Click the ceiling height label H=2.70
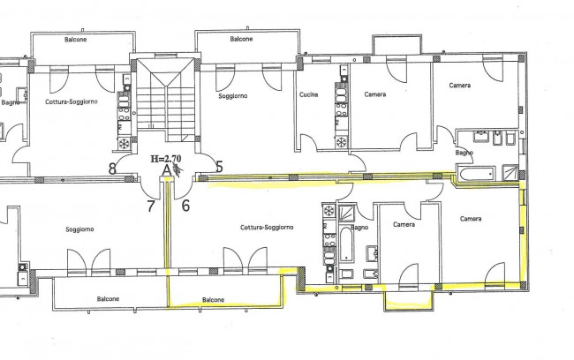pyautogui.click(x=166, y=159)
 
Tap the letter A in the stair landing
pyautogui.click(x=167, y=170)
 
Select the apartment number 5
pyautogui.click(x=219, y=167)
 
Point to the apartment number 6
pyautogui.click(x=185, y=206)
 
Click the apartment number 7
pyautogui.click(x=151, y=206)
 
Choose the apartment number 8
pyautogui.click(x=112, y=169)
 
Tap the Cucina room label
pyautogui.click(x=308, y=94)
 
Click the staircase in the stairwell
pyautogui.click(x=165, y=100)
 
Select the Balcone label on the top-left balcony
pyautogui.click(x=75, y=39)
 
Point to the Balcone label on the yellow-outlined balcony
pyautogui.click(x=213, y=300)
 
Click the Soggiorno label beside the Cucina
pyautogui.click(x=233, y=96)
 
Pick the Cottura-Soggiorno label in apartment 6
pyautogui.click(x=267, y=227)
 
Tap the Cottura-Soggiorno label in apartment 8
pyautogui.click(x=72, y=101)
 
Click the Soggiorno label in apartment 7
pyautogui.click(x=79, y=229)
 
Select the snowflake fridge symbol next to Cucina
pyautogui.click(x=342, y=141)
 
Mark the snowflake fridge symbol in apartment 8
pyautogui.click(x=124, y=143)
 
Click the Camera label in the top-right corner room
pyautogui.click(x=460, y=86)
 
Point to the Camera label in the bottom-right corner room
pyautogui.click(x=471, y=219)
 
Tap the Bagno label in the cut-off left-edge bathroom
pyautogui.click(x=11, y=102)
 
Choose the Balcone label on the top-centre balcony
pyautogui.click(x=241, y=39)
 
